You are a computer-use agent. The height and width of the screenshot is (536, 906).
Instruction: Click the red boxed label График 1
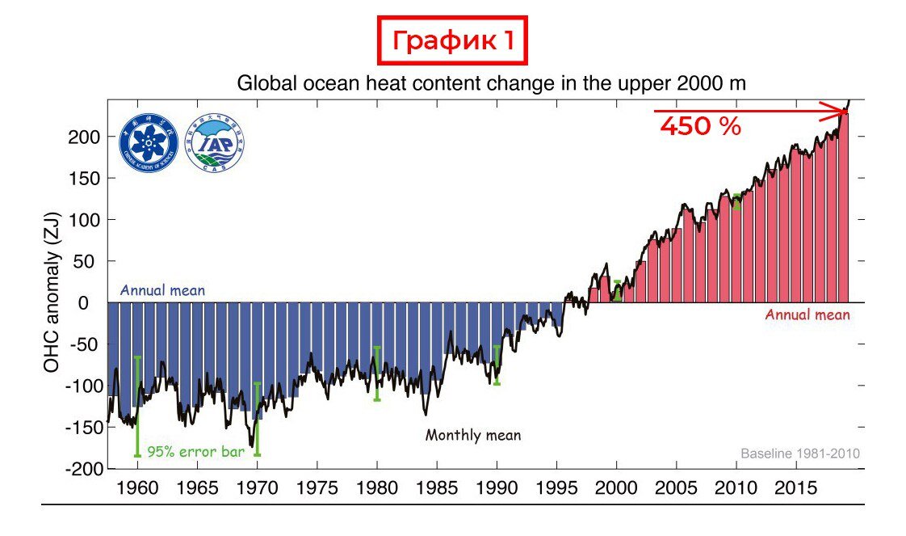(x=452, y=40)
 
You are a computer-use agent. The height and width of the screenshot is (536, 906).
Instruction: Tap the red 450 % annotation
(x=700, y=126)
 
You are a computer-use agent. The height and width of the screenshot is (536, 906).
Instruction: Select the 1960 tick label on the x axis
(x=137, y=488)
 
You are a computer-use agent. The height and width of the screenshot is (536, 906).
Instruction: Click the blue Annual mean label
(x=162, y=289)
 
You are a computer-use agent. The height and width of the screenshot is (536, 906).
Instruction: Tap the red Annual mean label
(x=807, y=314)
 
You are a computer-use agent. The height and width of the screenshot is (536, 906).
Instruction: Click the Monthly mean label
(x=473, y=435)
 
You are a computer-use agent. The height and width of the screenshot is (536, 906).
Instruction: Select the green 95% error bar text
(x=195, y=451)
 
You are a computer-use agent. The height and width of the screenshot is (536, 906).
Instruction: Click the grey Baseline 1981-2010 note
(x=800, y=454)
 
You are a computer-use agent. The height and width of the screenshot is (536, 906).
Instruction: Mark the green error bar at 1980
(x=376, y=373)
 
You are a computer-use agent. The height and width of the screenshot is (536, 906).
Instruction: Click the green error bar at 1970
(x=257, y=419)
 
